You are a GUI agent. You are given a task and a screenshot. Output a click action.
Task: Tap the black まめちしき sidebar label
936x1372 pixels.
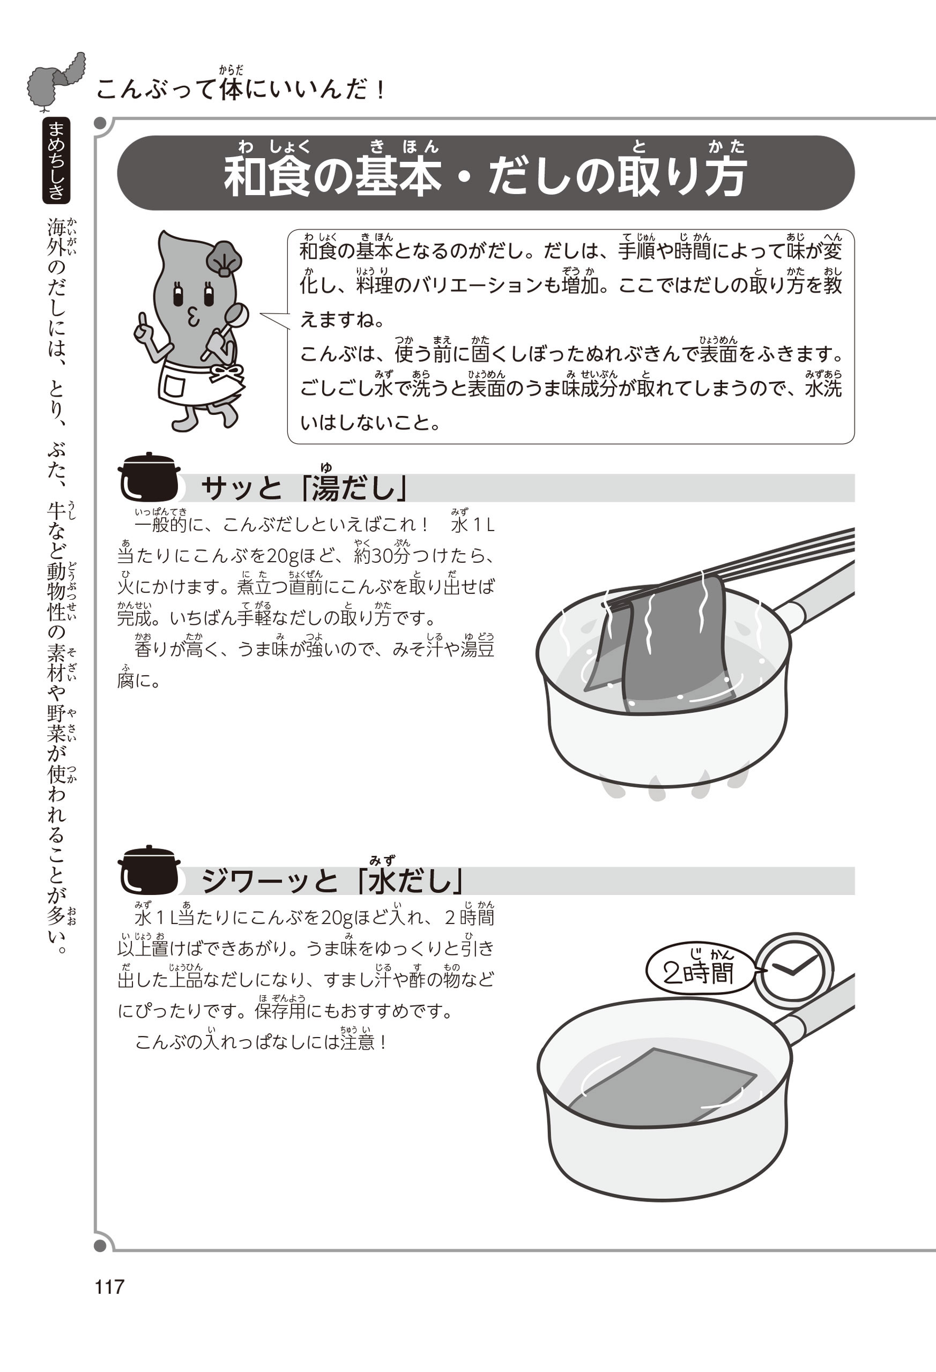tap(57, 160)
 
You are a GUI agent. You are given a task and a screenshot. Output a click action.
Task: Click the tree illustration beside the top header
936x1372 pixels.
tap(57, 82)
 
